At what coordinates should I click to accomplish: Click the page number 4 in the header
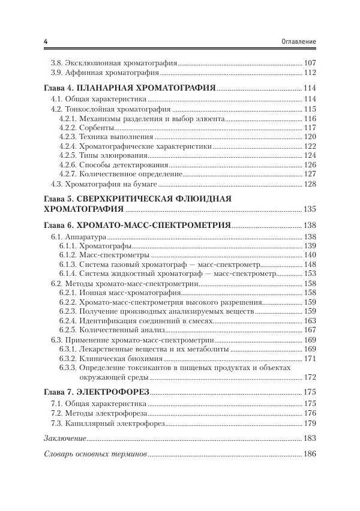pyautogui.click(x=46, y=41)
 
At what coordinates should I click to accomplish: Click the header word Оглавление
pyautogui.click(x=298, y=41)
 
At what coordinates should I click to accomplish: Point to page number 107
pyautogui.click(x=310, y=62)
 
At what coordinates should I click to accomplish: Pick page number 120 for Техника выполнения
pyautogui.click(x=310, y=137)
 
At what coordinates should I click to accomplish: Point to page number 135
pyautogui.click(x=310, y=209)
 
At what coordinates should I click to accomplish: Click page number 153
pyautogui.click(x=310, y=273)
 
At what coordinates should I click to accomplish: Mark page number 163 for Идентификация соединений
pyautogui.click(x=310, y=321)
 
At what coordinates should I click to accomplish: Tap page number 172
pyautogui.click(x=310, y=377)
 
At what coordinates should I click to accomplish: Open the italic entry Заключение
pyautogui.click(x=65, y=437)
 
